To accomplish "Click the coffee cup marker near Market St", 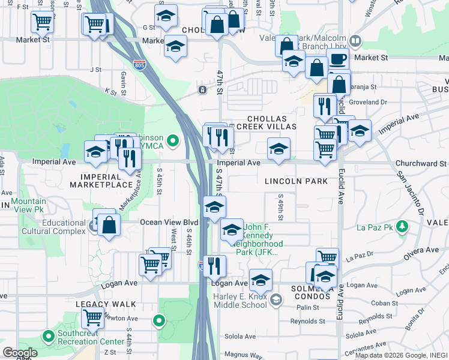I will pyautogui.click(x=338, y=59).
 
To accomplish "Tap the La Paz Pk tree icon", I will pyautogui.click(x=404, y=227).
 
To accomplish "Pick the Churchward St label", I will pyautogui.click(x=421, y=163).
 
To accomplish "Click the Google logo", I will pyautogui.click(x=19, y=353).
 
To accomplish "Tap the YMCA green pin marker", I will pyautogui.click(x=173, y=141).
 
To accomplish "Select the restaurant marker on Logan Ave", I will pyautogui.click(x=214, y=265).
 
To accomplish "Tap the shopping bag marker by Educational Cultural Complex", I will pyautogui.click(x=109, y=226).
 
